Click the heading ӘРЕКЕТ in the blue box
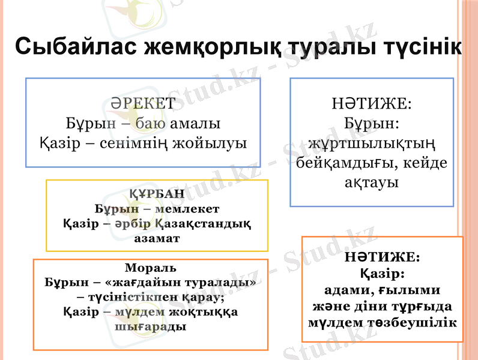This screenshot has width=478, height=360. [143, 103]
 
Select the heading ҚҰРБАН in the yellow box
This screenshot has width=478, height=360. [157, 194]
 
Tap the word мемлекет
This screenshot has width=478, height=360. [187, 209]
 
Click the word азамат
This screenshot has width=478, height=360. [157, 238]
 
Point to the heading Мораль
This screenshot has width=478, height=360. [151, 268]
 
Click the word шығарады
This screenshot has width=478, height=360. [150, 326]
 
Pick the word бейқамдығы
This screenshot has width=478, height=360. [343, 163]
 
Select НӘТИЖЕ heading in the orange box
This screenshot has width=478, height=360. [382, 257]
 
